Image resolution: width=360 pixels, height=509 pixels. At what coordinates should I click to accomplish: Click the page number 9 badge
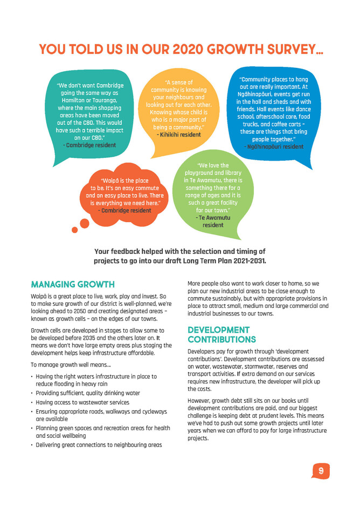click(321, 471)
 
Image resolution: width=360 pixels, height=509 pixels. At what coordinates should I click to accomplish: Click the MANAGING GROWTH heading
click(73, 284)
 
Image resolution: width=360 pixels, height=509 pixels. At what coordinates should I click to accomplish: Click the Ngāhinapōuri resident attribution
click(274, 147)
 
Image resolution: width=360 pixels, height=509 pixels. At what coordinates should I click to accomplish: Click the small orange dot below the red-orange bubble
click(74, 230)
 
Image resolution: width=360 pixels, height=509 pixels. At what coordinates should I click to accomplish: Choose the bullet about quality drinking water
click(88, 393)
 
